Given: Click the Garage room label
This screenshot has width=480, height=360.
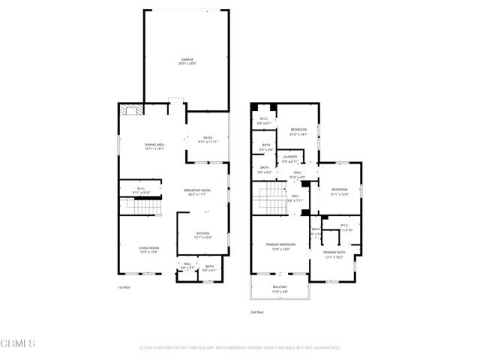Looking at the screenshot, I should [x=186, y=61].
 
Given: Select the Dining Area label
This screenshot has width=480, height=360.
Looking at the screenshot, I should [x=154, y=146].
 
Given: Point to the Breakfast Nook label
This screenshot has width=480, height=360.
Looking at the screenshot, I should [x=197, y=192].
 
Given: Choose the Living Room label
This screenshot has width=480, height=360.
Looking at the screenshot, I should [x=148, y=250].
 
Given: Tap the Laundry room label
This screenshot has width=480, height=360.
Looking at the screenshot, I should [x=290, y=159].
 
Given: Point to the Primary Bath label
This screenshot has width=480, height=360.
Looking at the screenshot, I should [x=334, y=255].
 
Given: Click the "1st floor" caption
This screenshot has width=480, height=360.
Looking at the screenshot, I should [x=124, y=287].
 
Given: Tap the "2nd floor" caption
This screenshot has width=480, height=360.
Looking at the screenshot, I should [x=257, y=312].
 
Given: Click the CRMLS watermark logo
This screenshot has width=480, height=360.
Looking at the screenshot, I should [x=18, y=343].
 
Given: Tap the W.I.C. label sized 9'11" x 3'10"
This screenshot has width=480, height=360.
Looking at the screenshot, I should [x=140, y=190].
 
